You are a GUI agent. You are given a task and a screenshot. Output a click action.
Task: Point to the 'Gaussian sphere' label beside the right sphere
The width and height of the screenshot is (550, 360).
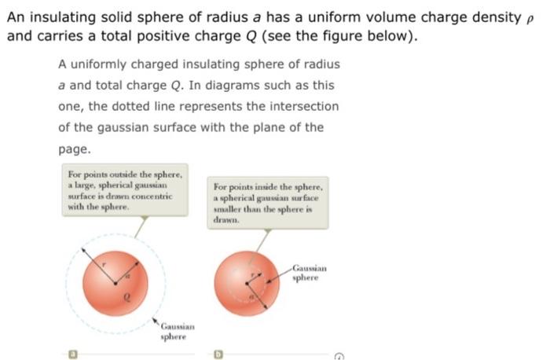point(309,273)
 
